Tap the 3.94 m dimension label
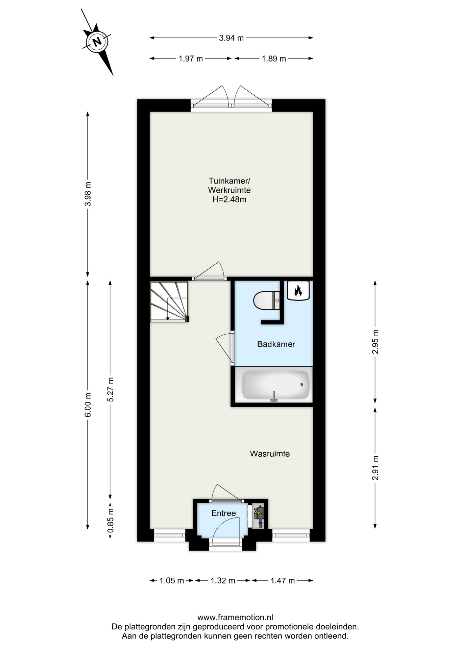click(x=231, y=38)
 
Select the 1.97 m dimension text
click(x=191, y=59)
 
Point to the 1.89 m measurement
click(x=274, y=59)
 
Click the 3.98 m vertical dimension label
click(x=88, y=194)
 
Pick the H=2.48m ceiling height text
click(x=229, y=199)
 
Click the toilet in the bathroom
click(x=267, y=301)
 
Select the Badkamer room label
click(x=276, y=344)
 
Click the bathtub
click(x=275, y=385)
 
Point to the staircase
click(x=169, y=302)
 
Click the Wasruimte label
click(x=270, y=454)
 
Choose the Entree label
click(x=223, y=513)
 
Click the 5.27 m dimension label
click(x=110, y=389)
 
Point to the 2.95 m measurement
click(x=375, y=341)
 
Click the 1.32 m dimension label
click(x=223, y=581)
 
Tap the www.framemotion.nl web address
click(x=235, y=618)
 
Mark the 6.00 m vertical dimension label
click(x=88, y=405)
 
